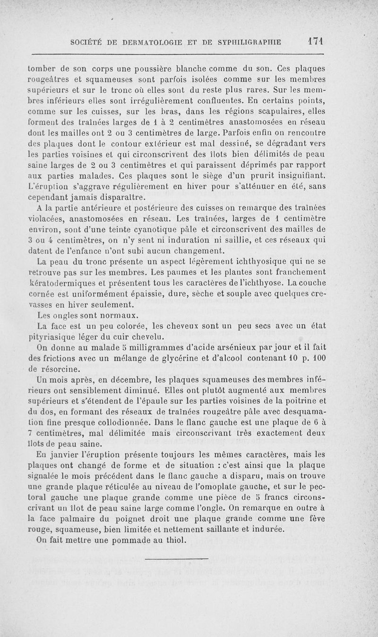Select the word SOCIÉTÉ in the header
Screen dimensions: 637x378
tap(87, 42)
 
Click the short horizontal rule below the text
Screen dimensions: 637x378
tap(176, 561)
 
